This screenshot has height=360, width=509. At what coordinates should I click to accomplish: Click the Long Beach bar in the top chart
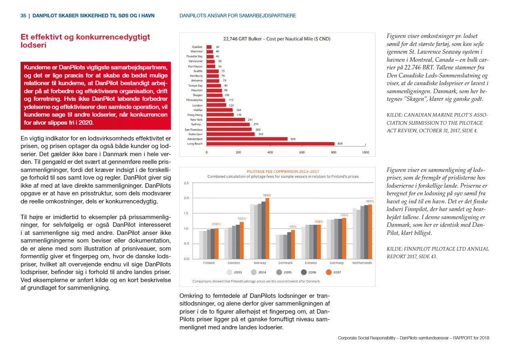pyautogui.click(x=270, y=144)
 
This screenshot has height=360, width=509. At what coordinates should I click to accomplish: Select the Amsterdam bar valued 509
pyautogui.click(x=247, y=139)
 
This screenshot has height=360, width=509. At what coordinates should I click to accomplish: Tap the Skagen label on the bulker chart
pyautogui.click(x=198, y=95)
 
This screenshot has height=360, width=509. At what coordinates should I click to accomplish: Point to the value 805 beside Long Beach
pyautogui.click(x=340, y=144)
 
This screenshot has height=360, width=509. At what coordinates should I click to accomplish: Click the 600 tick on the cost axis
pyautogui.click(x=302, y=153)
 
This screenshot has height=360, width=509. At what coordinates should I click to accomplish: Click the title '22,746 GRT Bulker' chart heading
pyautogui.click(x=277, y=39)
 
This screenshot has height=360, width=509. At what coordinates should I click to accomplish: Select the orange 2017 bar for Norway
pyautogui.click(x=267, y=228)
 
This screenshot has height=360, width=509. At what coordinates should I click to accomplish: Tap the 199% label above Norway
pyautogui.click(x=267, y=195)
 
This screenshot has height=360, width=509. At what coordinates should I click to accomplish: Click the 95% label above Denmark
pyautogui.click(x=293, y=227)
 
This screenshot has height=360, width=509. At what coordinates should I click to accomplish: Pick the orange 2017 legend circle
pyautogui.click(x=329, y=272)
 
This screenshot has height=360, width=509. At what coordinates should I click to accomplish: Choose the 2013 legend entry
pyautogui.click(x=234, y=272)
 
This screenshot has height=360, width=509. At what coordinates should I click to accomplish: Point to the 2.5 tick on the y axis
pyautogui.click(x=186, y=183)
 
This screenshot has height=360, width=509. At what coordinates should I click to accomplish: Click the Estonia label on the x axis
pyautogui.click(x=311, y=263)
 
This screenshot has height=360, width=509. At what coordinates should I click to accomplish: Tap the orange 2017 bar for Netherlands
pyautogui.click(x=370, y=232)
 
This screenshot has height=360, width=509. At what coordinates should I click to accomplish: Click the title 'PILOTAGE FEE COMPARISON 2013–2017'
pyautogui.click(x=283, y=172)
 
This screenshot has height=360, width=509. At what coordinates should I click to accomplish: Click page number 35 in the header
pyautogui.click(x=23, y=16)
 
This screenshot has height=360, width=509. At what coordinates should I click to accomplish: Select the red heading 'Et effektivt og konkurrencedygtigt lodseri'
pyautogui.click(x=85, y=41)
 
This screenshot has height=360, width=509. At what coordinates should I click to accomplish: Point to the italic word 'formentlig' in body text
pyautogui.click(x=34, y=257)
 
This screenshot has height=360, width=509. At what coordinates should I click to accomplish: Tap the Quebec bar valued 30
pyautogui.click(x=209, y=47)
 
